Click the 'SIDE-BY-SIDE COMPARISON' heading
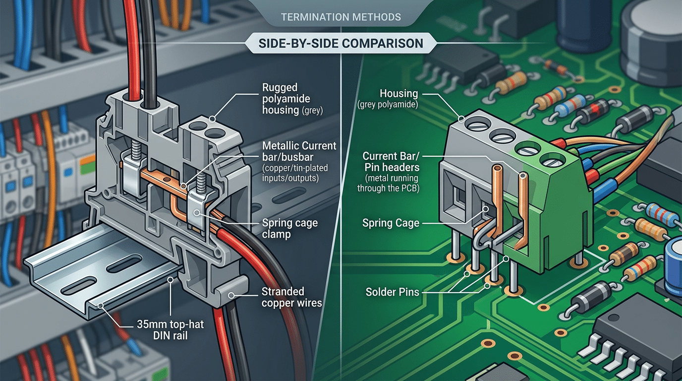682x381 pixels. click(x=341, y=43)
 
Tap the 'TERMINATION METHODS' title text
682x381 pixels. click(x=341, y=17)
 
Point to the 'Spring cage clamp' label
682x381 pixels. click(x=290, y=228)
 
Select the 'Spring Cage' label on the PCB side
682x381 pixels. click(x=391, y=223)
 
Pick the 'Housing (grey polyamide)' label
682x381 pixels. click(x=398, y=98)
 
